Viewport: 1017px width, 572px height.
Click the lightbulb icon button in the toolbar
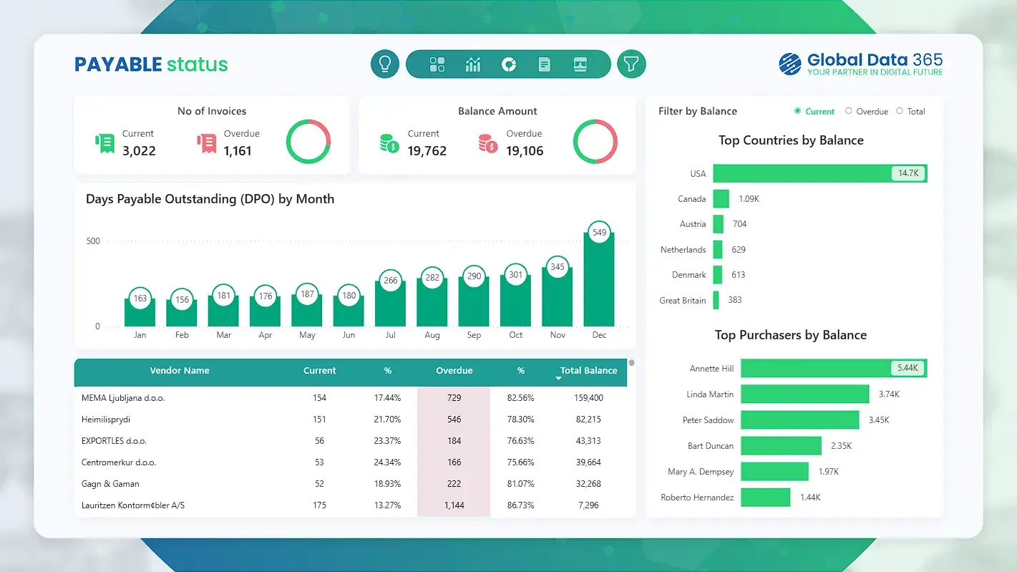384,64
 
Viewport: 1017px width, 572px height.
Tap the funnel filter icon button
631,64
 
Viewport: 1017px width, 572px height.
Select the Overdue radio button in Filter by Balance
850,111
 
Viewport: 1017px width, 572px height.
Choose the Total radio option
900,111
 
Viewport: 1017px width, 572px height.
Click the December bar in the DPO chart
599,281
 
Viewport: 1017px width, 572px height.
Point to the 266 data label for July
390,281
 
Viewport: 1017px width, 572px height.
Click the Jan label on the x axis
140,335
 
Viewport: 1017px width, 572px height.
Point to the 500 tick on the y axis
93,241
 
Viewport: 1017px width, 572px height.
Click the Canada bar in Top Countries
721,199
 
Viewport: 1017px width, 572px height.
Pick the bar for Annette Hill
816,369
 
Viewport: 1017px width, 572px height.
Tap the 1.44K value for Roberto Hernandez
809,498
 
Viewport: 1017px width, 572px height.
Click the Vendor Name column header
180,371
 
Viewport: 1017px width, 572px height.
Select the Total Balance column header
588,371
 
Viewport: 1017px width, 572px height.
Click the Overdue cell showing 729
454,398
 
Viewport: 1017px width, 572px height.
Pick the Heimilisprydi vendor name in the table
106,420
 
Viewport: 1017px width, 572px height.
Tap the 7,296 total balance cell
588,505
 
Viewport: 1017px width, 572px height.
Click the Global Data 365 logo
860,64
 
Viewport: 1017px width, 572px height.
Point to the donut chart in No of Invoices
308,142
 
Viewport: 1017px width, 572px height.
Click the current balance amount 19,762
427,151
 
